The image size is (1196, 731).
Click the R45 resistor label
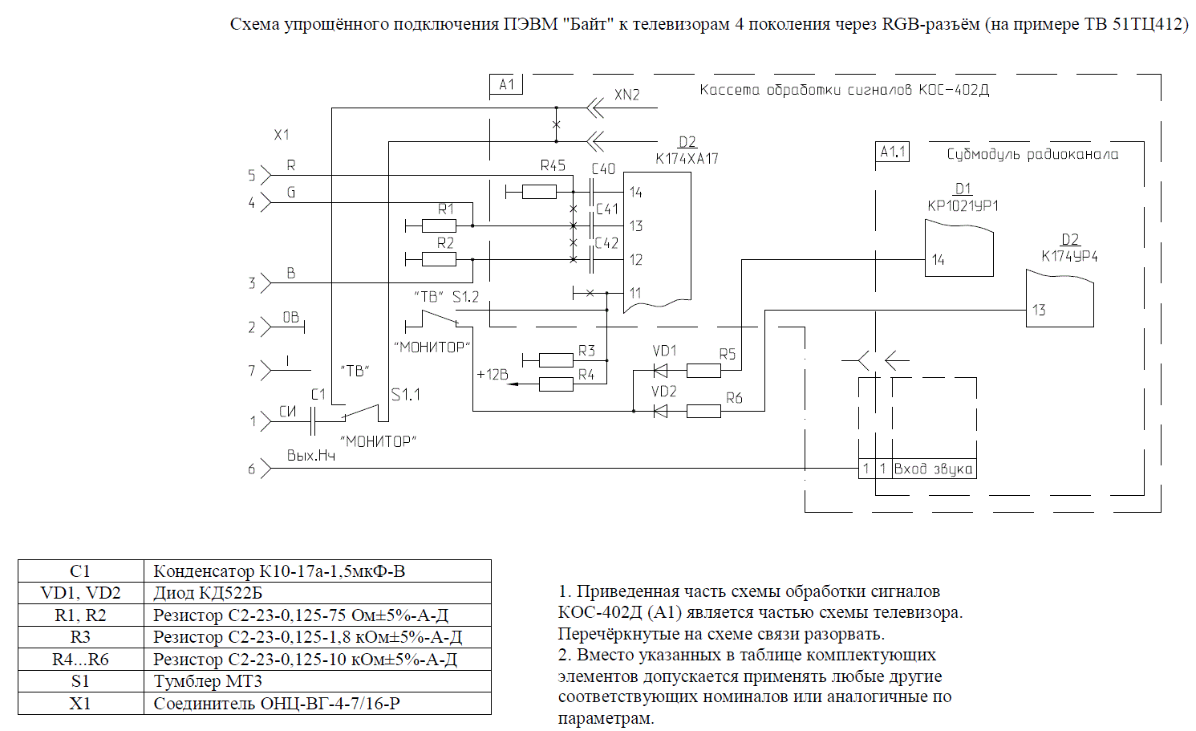pos(553,165)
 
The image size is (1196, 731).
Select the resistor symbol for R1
pos(439,225)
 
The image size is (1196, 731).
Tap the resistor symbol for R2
pos(439,259)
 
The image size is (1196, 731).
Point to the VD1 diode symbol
pos(661,371)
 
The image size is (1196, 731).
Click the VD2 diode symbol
pos(661,411)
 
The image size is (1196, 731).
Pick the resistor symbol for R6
pos(703,411)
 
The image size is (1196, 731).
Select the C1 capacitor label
pos(318,394)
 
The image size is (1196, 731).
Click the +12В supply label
pos(493,375)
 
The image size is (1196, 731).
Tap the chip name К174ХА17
pos(687,159)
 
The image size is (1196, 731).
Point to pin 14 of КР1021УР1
pos(938,260)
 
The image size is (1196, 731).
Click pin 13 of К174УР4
pos(1039,311)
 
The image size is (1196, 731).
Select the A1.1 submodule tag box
pos(893,152)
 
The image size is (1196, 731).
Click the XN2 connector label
pos(627,95)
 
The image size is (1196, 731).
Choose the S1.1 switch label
pos(406,395)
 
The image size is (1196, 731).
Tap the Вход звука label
pos(934,469)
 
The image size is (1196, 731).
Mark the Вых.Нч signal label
pos(311,456)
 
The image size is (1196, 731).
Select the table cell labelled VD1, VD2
pos(80,593)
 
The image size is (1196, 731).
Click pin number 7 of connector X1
pos(252,371)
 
